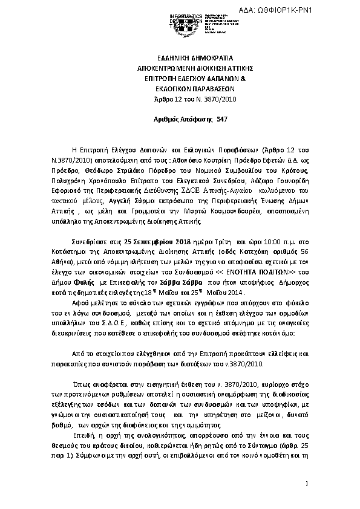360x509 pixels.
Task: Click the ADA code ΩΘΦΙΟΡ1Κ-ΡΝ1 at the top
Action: coord(321,10)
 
